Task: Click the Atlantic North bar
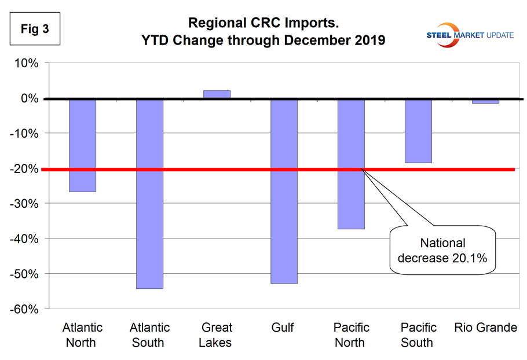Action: (x=82, y=145)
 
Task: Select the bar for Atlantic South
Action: (x=149, y=193)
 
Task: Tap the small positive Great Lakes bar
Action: (x=217, y=94)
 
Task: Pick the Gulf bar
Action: (x=284, y=191)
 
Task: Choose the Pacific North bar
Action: (x=351, y=164)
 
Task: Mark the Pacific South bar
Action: (x=418, y=131)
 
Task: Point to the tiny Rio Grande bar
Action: (x=485, y=101)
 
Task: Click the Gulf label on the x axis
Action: (x=283, y=328)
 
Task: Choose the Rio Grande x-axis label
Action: (x=485, y=328)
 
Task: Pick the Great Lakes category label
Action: (x=215, y=335)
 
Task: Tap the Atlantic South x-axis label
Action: (x=149, y=335)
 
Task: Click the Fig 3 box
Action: (x=34, y=30)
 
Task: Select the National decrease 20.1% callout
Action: (x=443, y=251)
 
